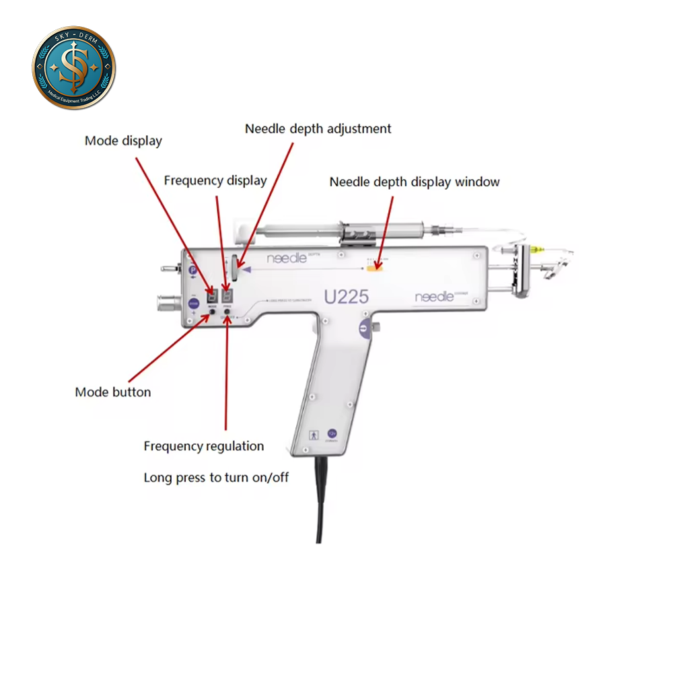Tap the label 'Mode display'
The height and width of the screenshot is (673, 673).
(123, 141)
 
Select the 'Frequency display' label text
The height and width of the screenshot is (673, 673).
(215, 180)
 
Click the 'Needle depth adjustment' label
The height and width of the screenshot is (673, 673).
(318, 129)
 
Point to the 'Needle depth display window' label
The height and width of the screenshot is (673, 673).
(415, 182)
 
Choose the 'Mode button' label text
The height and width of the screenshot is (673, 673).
(113, 392)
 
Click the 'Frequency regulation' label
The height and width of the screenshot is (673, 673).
(204, 446)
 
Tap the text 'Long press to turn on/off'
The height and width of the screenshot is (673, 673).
(216, 478)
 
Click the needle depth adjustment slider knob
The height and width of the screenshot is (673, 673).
(233, 269)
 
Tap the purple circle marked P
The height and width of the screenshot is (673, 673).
(193, 271)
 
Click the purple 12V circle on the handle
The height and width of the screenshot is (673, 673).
(332, 435)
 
